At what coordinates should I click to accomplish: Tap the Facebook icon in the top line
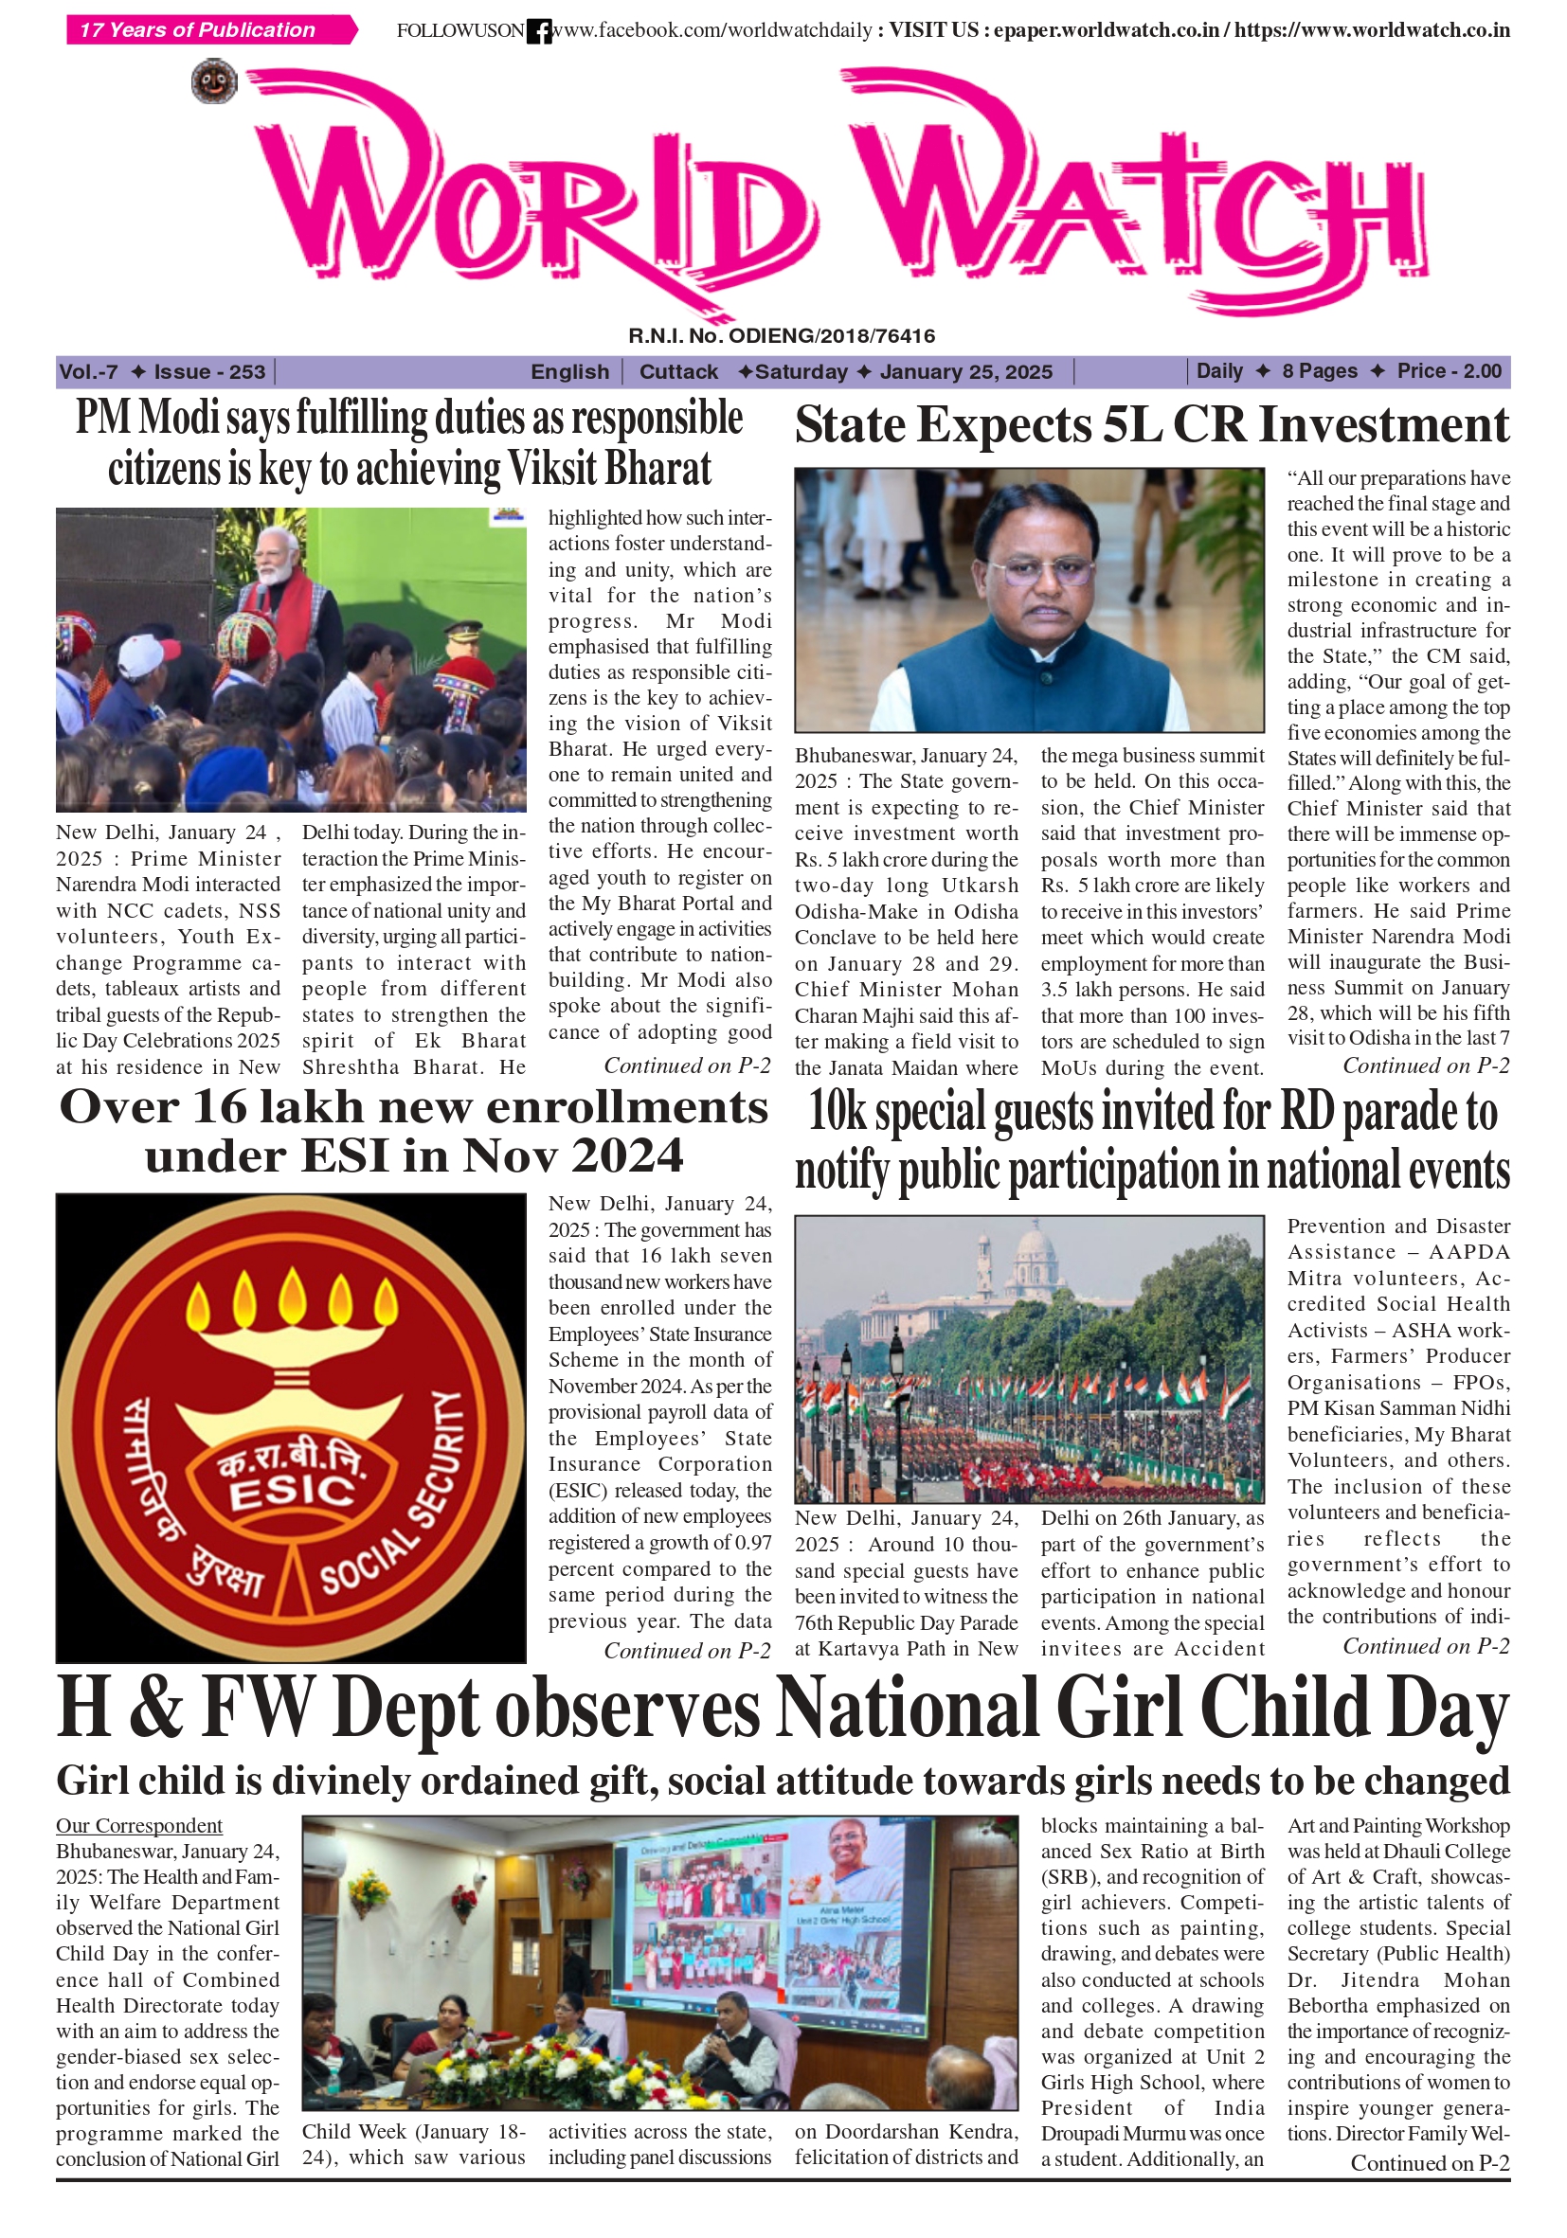pyautogui.click(x=538, y=31)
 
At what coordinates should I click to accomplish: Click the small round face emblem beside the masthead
pyautogui.click(x=213, y=81)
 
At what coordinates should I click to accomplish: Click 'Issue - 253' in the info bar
pyautogui.click(x=208, y=371)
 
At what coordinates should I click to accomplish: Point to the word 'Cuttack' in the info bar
pyautogui.click(x=677, y=371)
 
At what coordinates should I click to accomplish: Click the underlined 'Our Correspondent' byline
pyautogui.click(x=138, y=1826)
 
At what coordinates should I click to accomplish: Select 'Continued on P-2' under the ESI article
pyautogui.click(x=687, y=1650)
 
